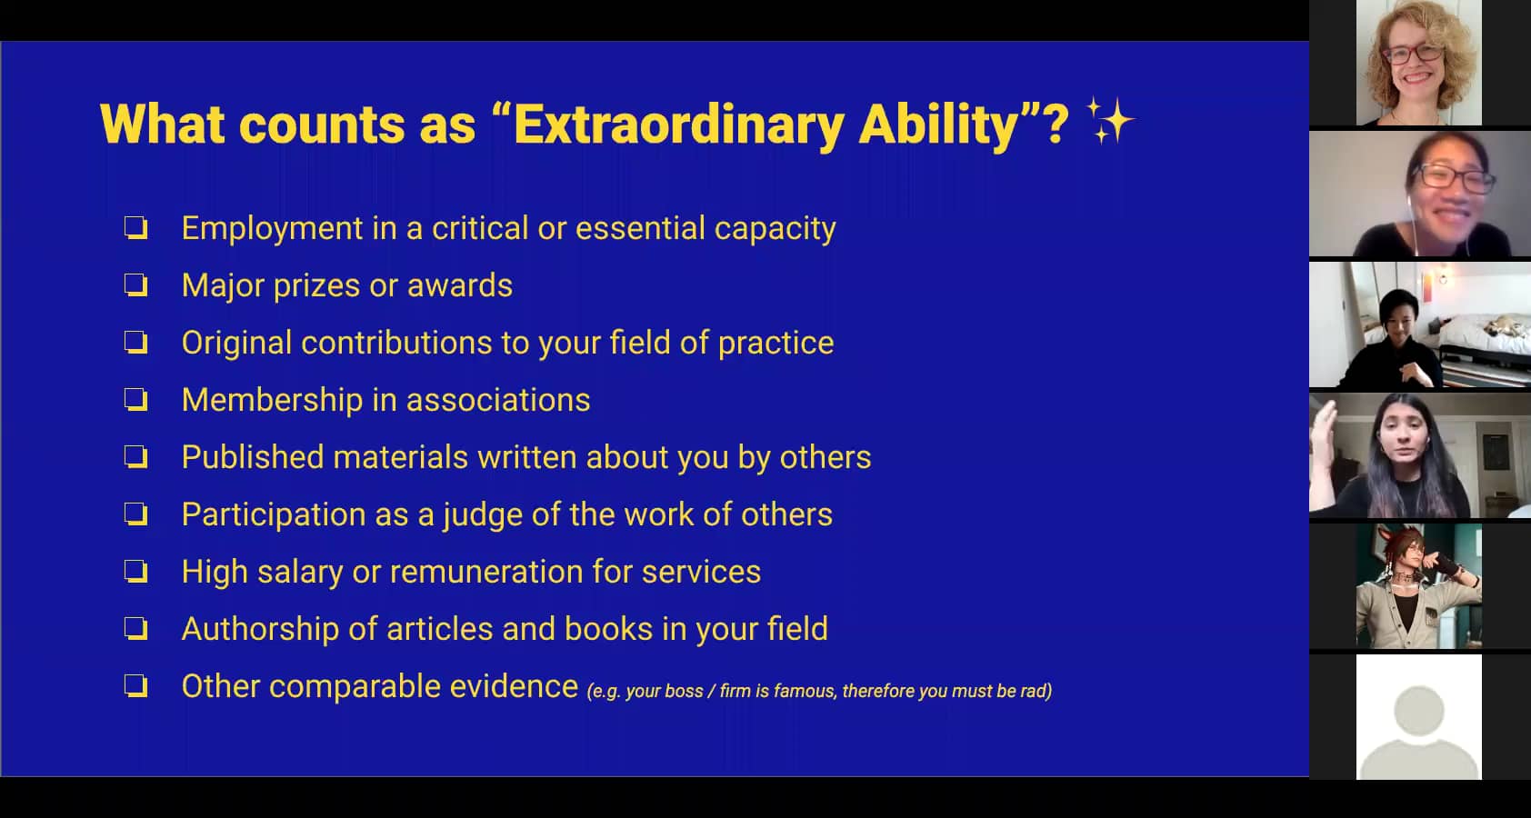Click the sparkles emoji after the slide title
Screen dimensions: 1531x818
[x=1111, y=121]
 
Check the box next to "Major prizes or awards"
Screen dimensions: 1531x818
[x=136, y=285]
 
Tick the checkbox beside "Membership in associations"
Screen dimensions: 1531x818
[x=136, y=400]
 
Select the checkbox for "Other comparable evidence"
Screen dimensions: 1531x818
[x=136, y=685]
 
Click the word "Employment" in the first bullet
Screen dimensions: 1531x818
[x=271, y=229]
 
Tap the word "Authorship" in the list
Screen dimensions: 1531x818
[x=260, y=629]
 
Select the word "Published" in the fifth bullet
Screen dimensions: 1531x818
[x=252, y=457]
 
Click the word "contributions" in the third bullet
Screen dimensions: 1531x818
[x=395, y=343]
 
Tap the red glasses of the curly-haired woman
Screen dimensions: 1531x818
[x=1414, y=54]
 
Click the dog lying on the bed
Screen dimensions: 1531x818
[x=1505, y=325]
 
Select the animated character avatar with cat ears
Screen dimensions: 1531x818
[x=1419, y=586]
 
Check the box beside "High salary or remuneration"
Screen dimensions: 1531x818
[x=136, y=572]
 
